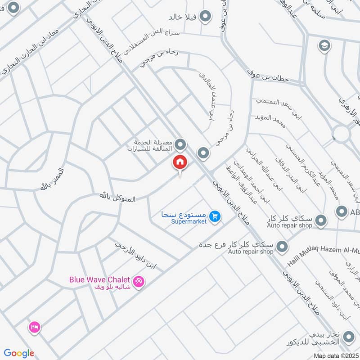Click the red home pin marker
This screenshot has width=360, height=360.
click(180, 162)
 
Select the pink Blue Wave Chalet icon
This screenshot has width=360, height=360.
click(139, 281)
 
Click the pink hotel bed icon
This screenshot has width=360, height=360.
click(34, 327)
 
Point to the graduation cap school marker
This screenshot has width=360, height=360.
click(323, 45)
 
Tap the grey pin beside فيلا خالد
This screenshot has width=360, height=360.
click(206, 17)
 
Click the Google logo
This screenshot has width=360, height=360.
click(19, 353)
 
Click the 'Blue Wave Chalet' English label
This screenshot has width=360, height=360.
click(99, 279)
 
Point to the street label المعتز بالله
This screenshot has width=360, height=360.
click(53, 179)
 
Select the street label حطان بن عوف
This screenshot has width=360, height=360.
click(270, 76)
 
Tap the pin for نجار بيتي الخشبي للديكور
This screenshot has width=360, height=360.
click(348, 336)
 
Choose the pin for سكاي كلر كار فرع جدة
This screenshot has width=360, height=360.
click(282, 246)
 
